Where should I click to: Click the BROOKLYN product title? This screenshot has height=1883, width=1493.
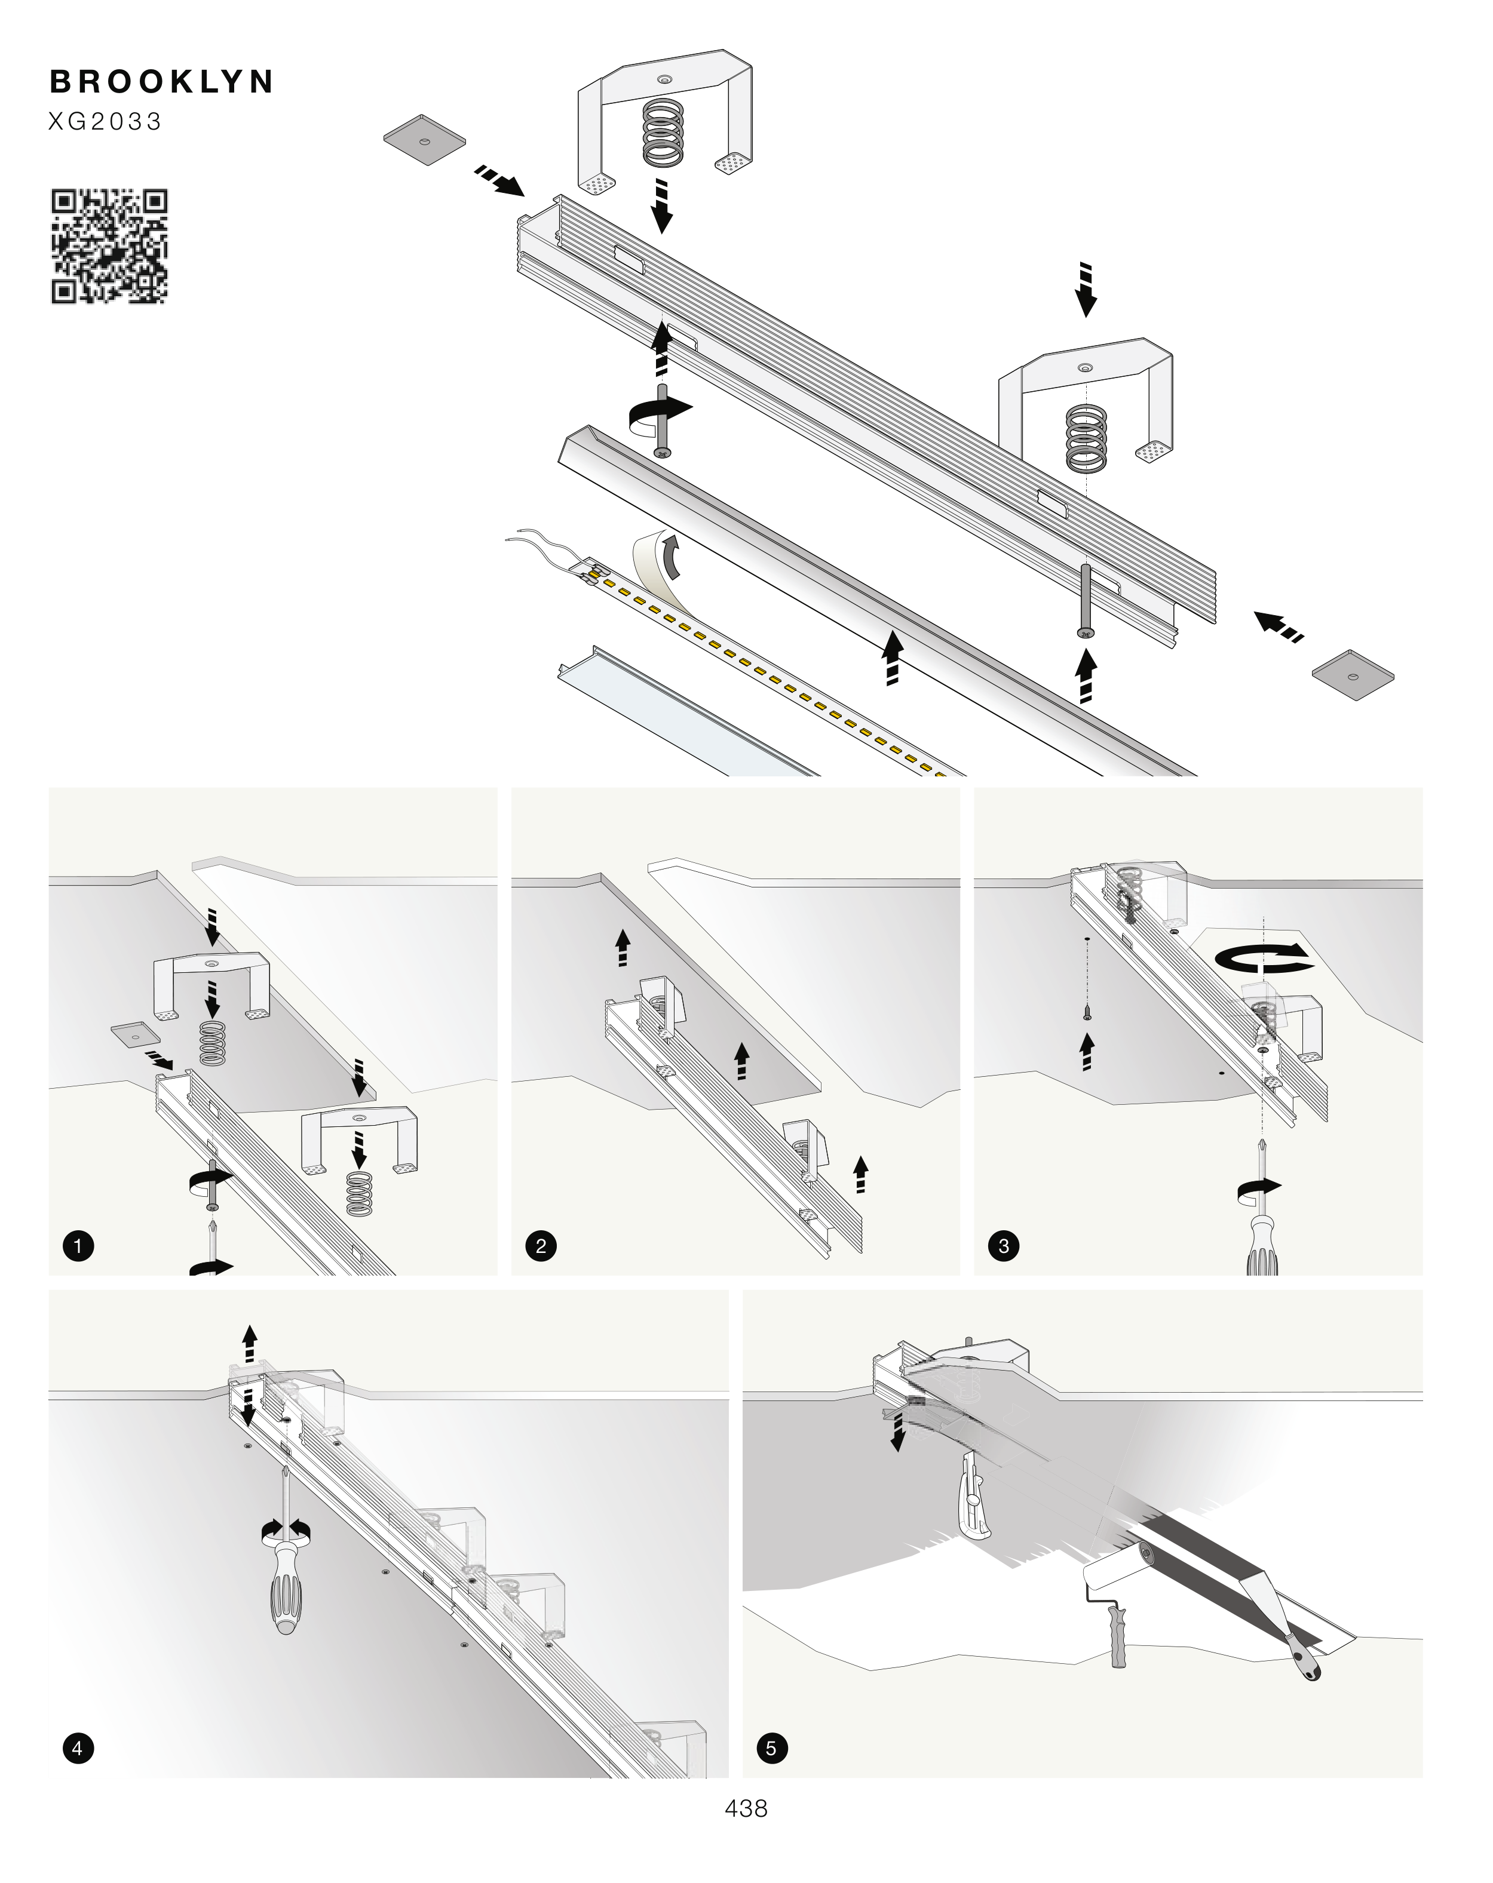(162, 82)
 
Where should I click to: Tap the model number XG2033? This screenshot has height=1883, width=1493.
(105, 121)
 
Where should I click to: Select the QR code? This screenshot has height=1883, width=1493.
(109, 246)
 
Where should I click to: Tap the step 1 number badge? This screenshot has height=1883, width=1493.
(78, 1245)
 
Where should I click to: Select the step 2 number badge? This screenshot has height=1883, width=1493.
(541, 1245)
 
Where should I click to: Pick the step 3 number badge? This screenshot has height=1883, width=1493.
(1004, 1245)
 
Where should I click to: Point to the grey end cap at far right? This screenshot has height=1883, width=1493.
(1353, 674)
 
